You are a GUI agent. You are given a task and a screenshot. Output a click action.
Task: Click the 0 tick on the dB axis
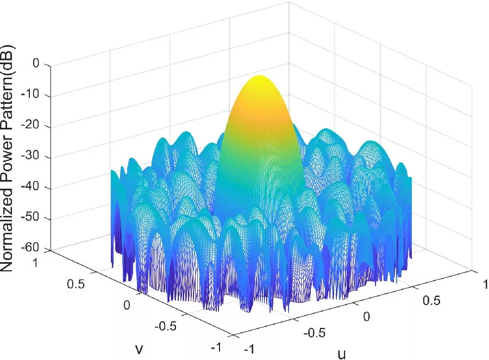36,64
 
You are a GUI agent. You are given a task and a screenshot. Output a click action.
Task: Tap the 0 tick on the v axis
128,305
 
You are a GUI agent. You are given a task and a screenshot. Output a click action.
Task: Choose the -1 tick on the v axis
216,347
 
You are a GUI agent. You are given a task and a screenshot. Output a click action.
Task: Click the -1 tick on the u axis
250,348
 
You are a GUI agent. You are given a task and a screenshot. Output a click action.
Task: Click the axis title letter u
341,354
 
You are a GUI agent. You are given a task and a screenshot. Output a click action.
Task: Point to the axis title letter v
139,349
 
